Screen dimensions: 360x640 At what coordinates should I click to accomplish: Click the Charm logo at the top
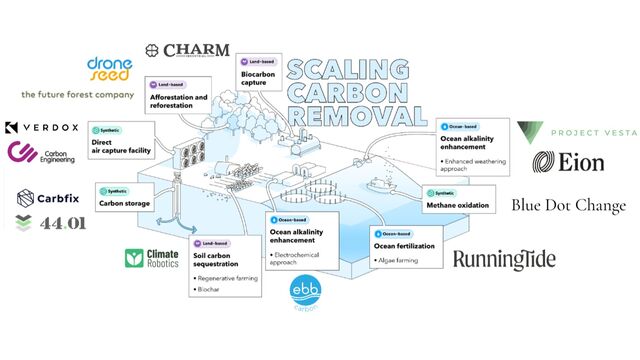(x=187, y=50)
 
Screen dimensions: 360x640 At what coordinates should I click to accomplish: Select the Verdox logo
(x=40, y=129)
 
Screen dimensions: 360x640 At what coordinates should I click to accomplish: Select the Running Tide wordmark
(x=504, y=260)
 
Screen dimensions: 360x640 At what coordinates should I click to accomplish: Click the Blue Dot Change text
(x=568, y=206)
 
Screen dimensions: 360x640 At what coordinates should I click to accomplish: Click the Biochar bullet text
(x=211, y=290)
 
